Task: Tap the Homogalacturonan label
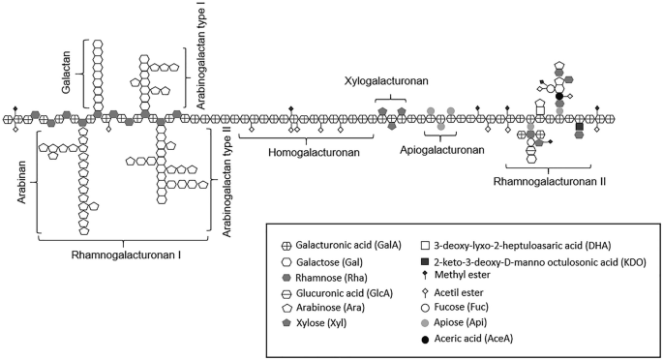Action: (x=300, y=152)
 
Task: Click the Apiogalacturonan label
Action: (x=441, y=151)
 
